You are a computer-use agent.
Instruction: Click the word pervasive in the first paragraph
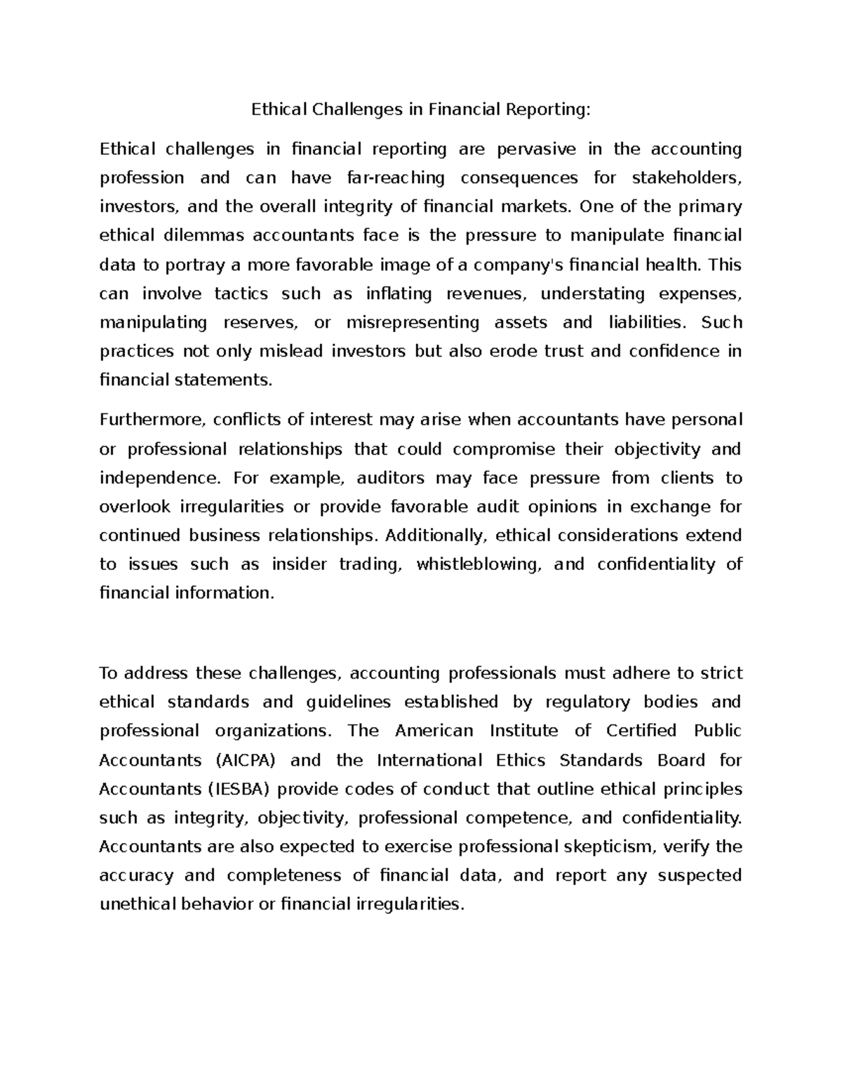tap(526, 149)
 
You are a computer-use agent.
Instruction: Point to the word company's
tap(519, 265)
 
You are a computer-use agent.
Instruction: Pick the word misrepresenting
tap(413, 323)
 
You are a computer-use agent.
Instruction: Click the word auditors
tap(391, 479)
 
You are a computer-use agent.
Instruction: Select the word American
tap(434, 731)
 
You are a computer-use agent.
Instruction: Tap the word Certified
tap(641, 731)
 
